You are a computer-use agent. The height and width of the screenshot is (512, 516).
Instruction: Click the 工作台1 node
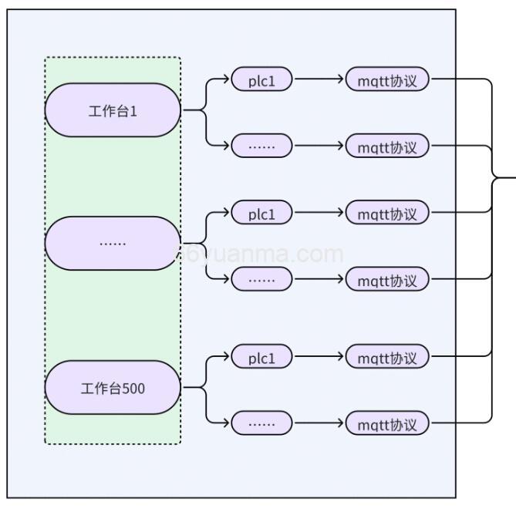[x=113, y=110]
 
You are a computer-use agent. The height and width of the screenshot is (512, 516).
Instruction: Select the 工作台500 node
[x=113, y=387]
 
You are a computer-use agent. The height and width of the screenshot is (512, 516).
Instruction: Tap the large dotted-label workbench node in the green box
[x=113, y=243]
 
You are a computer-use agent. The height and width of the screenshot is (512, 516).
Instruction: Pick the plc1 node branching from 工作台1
[x=261, y=80]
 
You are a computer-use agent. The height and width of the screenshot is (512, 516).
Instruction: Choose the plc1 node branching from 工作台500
[x=261, y=358]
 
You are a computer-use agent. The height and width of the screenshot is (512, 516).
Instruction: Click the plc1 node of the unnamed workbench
[x=261, y=214]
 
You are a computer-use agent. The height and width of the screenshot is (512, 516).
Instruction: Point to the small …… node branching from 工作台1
[x=261, y=146]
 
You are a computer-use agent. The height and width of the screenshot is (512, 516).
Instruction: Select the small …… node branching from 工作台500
[x=261, y=423]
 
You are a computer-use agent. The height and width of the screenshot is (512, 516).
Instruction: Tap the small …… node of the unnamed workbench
[x=261, y=280]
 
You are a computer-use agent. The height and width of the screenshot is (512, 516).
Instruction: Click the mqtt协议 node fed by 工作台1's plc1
[x=387, y=80]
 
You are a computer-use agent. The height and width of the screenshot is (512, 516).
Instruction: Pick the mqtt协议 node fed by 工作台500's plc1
[x=387, y=358]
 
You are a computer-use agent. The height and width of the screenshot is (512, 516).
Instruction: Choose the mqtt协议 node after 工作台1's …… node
[x=387, y=146]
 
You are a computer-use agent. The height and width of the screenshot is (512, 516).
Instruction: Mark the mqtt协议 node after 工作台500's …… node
[x=387, y=423]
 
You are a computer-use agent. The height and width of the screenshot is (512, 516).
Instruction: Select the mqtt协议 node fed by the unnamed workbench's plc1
[x=387, y=214]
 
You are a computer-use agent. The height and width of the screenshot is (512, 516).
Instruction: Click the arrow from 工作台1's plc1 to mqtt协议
[x=319, y=79]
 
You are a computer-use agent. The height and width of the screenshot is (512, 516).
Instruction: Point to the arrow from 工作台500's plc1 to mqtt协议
[x=319, y=357]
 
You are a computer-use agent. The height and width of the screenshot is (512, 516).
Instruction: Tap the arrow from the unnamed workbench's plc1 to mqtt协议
[x=319, y=213]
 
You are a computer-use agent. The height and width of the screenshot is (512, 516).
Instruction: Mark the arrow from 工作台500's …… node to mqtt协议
[x=319, y=423]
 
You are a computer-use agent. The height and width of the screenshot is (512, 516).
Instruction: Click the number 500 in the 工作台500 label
[x=133, y=388]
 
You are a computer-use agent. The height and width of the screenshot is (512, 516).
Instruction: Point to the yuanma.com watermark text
[x=262, y=254]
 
